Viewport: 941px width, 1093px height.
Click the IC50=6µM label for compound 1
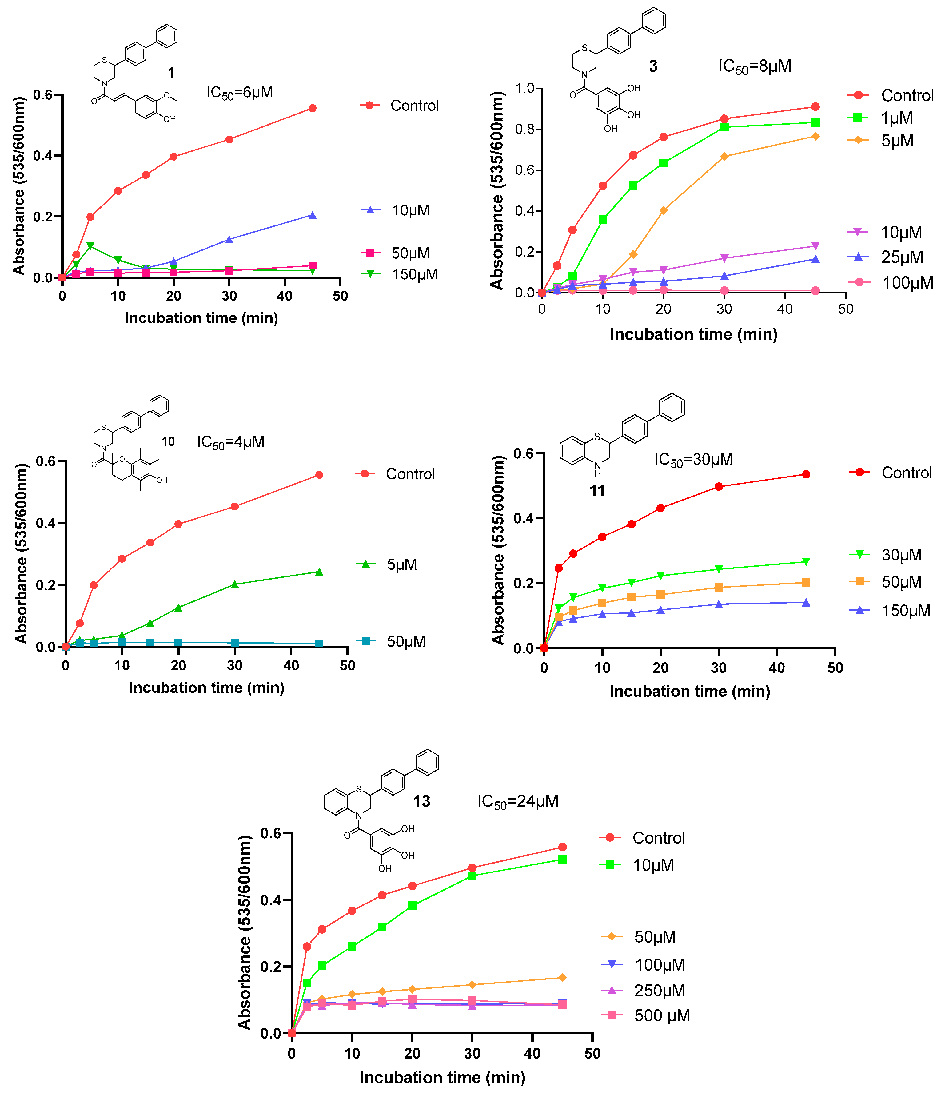click(239, 93)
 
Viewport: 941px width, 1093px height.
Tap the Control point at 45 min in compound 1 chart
click(312, 108)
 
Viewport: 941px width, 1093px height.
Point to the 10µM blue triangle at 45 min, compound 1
click(312, 215)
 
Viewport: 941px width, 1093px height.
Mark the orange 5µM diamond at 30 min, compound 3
click(724, 157)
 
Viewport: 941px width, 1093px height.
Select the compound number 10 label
click(168, 441)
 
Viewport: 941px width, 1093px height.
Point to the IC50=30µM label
click(693, 460)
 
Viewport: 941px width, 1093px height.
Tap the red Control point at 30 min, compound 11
click(718, 486)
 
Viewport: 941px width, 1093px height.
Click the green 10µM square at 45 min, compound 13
click(562, 859)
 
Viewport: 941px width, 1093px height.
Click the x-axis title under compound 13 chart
click(442, 1077)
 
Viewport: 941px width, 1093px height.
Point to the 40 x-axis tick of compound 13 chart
click(532, 1053)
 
